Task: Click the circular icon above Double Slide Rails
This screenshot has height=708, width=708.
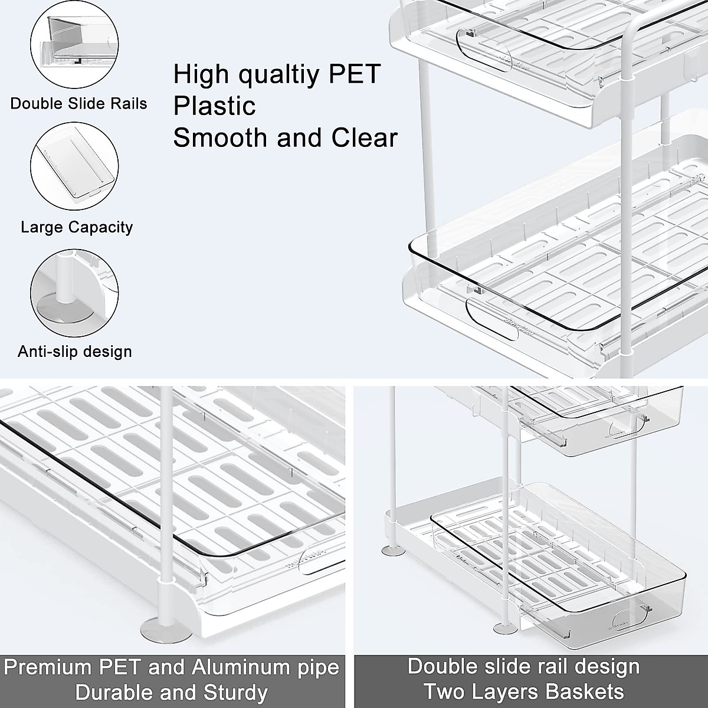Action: (x=74, y=45)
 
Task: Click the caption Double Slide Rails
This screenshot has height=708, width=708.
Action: (x=78, y=104)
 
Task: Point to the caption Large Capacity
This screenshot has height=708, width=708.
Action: (x=77, y=227)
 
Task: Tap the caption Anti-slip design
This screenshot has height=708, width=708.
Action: (x=75, y=352)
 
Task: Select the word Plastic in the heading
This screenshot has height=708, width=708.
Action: (x=214, y=106)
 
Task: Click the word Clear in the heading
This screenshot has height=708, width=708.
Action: (x=364, y=137)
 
